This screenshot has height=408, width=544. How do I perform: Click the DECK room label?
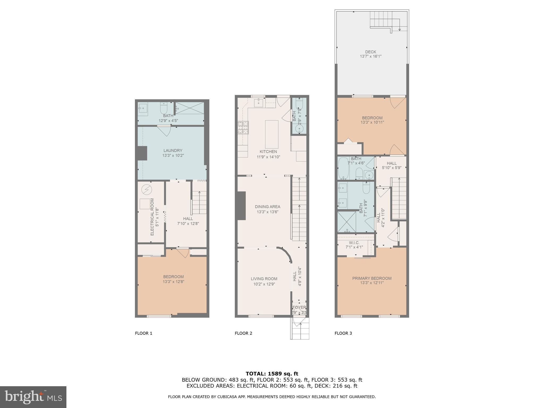pyautogui.click(x=371, y=52)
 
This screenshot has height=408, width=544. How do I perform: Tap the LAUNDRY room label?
pyautogui.click(x=173, y=151)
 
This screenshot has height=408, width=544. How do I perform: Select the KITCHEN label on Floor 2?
pyautogui.click(x=268, y=152)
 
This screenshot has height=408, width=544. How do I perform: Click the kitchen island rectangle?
pyautogui.click(x=271, y=134)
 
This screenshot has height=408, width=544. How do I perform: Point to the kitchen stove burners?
pyautogui.click(x=243, y=127)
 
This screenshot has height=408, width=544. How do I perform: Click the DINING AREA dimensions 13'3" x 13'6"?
pyautogui.click(x=267, y=212)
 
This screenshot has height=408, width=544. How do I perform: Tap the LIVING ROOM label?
pyautogui.click(x=264, y=279)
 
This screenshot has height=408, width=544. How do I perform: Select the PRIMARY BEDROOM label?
pyautogui.click(x=372, y=278)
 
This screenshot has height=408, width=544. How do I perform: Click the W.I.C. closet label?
pyautogui.click(x=354, y=243)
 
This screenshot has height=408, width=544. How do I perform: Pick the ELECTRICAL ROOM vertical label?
pyautogui.click(x=152, y=217)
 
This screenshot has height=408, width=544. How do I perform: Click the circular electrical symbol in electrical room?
pyautogui.click(x=146, y=190)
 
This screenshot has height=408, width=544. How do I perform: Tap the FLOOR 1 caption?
pyautogui.click(x=143, y=333)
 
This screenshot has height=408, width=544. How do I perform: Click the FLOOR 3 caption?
pyautogui.click(x=343, y=333)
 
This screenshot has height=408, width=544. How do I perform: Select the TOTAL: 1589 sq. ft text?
pyautogui.click(x=272, y=374)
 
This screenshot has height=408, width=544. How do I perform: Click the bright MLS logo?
pyautogui.click(x=33, y=397)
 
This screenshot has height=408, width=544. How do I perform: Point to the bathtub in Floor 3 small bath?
pyautogui.click(x=343, y=168)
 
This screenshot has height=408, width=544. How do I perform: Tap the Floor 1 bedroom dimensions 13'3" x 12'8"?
pyautogui.click(x=173, y=282)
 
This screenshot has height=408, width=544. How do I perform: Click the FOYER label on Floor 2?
pyautogui.click(x=299, y=307)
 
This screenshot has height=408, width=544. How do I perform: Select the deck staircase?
pyautogui.click(x=381, y=20)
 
